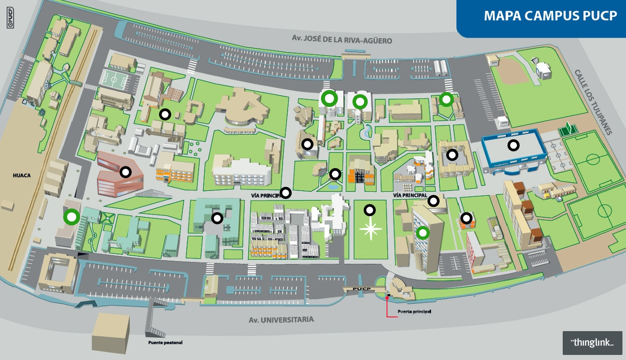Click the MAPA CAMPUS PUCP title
tap(551, 16)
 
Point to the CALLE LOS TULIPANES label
tap(593, 102)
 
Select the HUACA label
tap(22, 176)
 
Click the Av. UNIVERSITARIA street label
tap(281, 320)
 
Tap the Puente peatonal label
tap(165, 343)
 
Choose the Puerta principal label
tap(414, 311)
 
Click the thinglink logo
tap(592, 342)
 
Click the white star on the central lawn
tap(371, 230)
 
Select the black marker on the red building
tap(125, 172)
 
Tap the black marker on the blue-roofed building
tap(514, 146)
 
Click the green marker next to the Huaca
tap(71, 217)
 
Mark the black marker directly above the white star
tap(370, 210)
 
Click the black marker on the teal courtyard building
tap(217, 218)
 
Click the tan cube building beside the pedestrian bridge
tap(111, 332)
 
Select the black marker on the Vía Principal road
tap(286, 192)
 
